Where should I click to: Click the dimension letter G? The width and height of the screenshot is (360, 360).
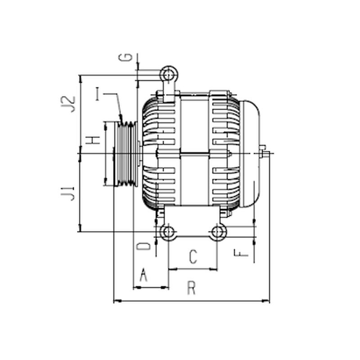[x=126, y=57]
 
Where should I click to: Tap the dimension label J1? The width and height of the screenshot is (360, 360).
[x=68, y=193]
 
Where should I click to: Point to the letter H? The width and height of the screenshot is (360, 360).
[x=93, y=139]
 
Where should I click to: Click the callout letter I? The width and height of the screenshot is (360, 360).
[x=98, y=94]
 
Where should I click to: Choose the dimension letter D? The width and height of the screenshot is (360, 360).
[x=144, y=246]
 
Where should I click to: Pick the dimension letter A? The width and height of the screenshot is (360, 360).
[x=144, y=274]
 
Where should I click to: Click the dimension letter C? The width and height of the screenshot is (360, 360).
[x=193, y=256]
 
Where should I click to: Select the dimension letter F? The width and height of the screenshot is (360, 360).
[x=241, y=253]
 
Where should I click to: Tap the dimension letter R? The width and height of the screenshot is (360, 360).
[x=192, y=288]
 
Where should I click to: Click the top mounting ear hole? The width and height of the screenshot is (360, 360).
[x=169, y=75]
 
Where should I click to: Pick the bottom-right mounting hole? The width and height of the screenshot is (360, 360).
[x=217, y=232]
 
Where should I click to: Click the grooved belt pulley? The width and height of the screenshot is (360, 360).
[x=126, y=154]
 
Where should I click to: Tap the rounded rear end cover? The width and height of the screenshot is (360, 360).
[x=250, y=153]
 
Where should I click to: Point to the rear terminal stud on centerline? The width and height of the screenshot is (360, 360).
[x=264, y=152]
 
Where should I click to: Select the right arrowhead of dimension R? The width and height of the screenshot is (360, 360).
[x=266, y=301]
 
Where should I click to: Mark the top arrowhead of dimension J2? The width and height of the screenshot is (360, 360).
[x=80, y=79]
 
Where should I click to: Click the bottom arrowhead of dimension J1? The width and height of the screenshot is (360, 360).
[x=80, y=228]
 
